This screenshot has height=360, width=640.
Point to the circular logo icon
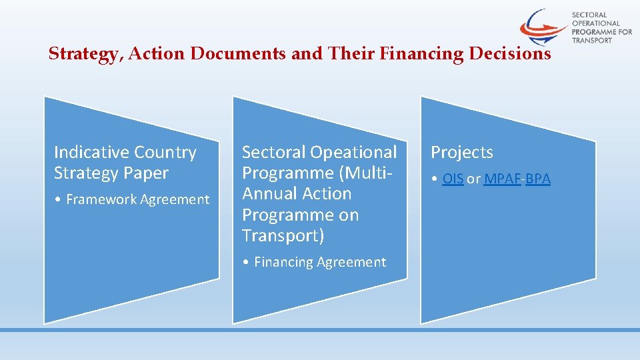[x=544, y=27]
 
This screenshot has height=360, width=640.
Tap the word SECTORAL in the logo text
[x=589, y=14]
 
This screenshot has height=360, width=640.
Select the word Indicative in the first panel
[x=91, y=153]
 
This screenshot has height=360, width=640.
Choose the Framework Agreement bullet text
[x=137, y=199]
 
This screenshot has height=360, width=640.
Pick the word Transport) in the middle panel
[x=283, y=235]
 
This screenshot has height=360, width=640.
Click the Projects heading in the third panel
[x=461, y=153]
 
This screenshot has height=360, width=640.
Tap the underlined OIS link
[x=453, y=179]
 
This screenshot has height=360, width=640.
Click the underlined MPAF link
[x=503, y=179]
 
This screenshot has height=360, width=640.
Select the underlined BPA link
[x=538, y=179]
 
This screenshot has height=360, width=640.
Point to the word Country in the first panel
[x=165, y=153]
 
